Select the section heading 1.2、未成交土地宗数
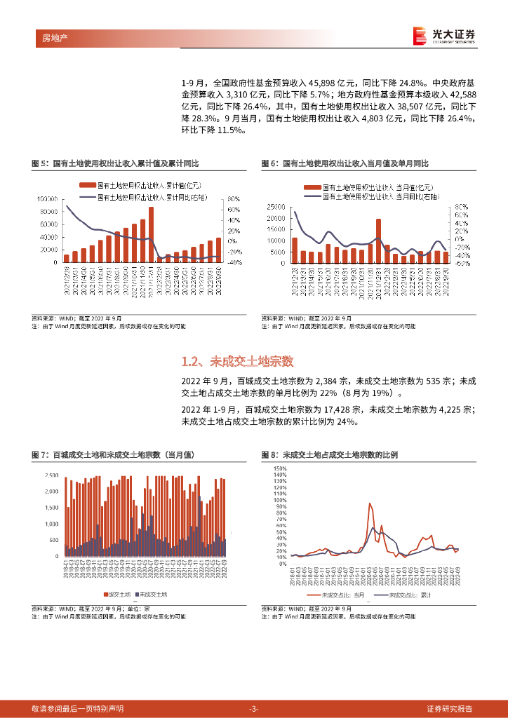236,362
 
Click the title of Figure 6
345,163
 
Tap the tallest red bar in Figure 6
379,241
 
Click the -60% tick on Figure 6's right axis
461,264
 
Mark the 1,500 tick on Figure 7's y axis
52,508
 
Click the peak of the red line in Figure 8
370,504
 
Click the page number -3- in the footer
254,709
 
